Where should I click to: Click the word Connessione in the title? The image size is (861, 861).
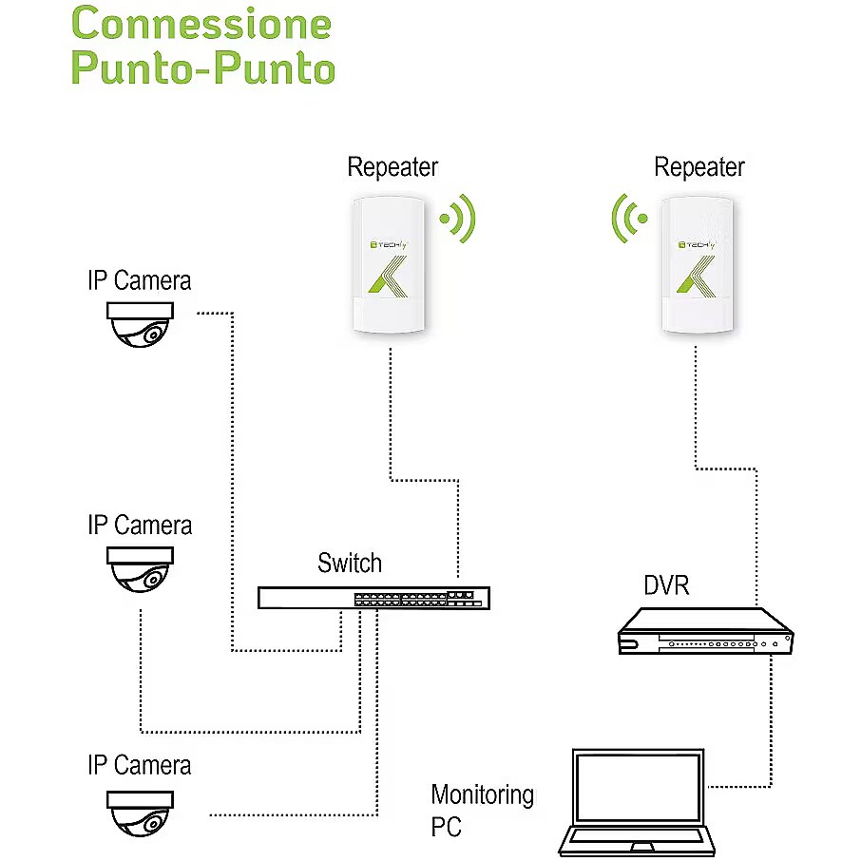(201, 23)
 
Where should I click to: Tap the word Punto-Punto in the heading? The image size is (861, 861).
(203, 69)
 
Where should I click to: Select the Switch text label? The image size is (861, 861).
(350, 563)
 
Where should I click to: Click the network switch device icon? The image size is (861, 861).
(374, 598)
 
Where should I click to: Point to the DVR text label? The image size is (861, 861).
(666, 585)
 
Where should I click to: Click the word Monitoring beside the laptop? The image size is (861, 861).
(482, 794)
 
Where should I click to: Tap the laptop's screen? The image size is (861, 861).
(637, 787)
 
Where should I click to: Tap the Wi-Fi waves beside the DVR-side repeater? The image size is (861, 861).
(627, 219)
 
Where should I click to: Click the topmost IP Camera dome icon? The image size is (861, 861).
(141, 324)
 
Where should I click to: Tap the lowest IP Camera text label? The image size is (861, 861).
(139, 765)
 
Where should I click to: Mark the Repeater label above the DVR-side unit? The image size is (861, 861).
(698, 168)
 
